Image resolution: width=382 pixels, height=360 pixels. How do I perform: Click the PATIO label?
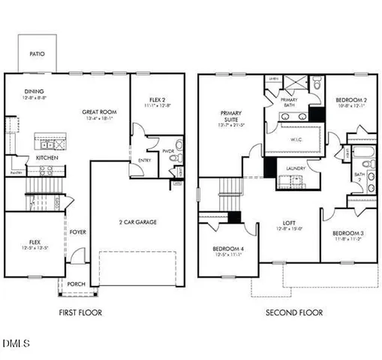tap(36, 54)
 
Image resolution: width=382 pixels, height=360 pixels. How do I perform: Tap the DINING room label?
tap(34, 91)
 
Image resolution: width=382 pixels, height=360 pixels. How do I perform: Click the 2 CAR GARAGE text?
tap(137, 222)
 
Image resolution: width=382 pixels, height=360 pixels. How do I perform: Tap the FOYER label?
tap(78, 232)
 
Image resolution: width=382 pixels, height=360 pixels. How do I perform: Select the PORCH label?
tap(76, 284)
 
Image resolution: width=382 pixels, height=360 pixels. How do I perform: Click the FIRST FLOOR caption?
tap(80, 312)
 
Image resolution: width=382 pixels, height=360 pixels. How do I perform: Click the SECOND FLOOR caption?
tap(295, 312)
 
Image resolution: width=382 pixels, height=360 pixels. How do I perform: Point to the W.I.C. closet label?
tap(297, 139)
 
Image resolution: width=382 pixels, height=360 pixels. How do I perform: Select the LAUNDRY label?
tap(295, 168)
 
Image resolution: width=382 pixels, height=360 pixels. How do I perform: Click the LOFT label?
tap(289, 223)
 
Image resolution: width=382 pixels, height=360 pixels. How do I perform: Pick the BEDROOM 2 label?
tap(350, 100)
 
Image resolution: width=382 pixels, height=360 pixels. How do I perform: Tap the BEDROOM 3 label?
tap(347, 233)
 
